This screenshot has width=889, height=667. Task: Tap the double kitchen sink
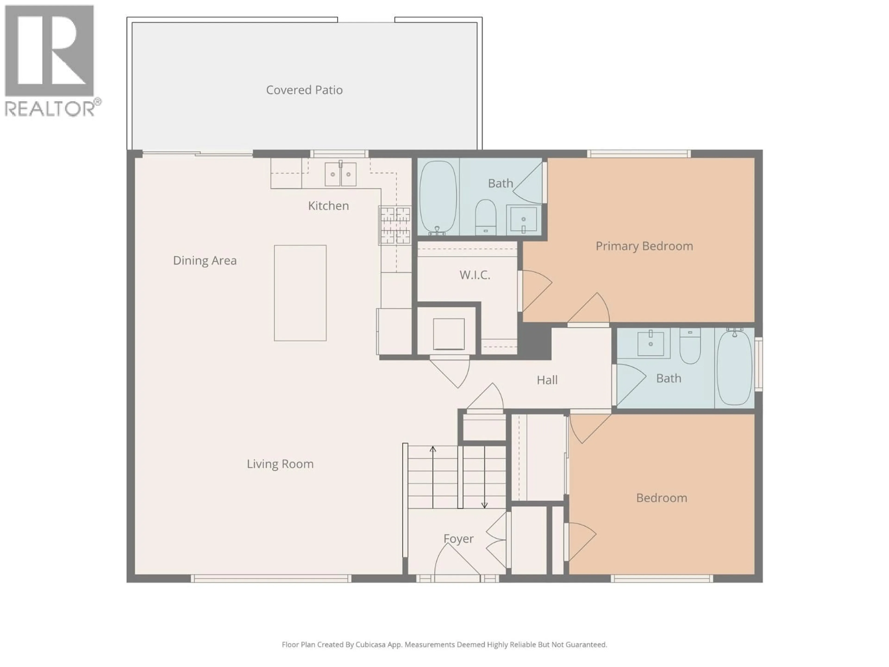pos(340,174)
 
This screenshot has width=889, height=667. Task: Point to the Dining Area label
pos(205,261)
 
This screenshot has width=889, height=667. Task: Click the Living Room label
pos(280,464)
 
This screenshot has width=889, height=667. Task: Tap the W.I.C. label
pos(475,275)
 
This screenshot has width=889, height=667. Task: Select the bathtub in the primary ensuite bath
pos(438,197)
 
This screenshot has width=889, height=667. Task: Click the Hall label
pos(547,380)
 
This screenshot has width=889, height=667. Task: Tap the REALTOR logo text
pos(50,109)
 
